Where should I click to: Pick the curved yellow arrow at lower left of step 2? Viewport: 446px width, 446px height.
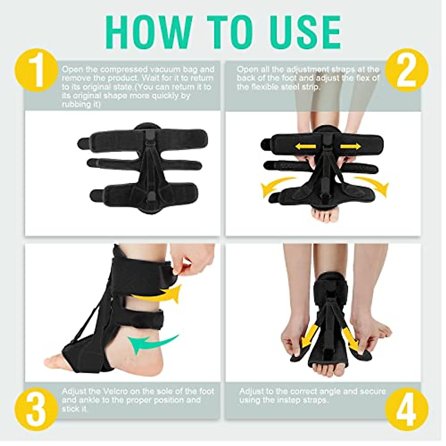click(x=277, y=188)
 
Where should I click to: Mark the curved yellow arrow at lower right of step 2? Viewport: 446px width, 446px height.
click(x=372, y=187)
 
